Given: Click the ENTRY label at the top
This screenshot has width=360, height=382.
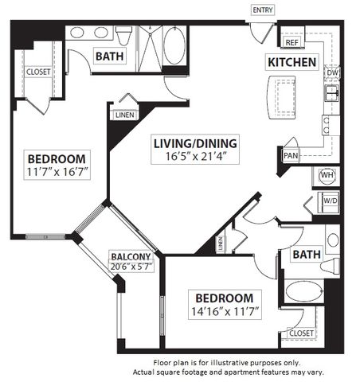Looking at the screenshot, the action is (x=263, y=10).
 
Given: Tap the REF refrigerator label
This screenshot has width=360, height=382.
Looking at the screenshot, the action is (x=292, y=42).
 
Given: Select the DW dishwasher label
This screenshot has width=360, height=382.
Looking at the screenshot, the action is (x=332, y=72).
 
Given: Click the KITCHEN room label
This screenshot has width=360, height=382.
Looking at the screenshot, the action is (x=292, y=62).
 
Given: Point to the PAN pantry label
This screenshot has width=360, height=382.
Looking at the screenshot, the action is (x=291, y=155).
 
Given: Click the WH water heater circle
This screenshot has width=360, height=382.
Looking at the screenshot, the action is (x=327, y=175).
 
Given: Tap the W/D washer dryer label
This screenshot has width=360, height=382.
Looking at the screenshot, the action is (x=331, y=201).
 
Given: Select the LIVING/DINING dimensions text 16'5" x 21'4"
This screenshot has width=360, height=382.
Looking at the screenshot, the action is (x=195, y=156).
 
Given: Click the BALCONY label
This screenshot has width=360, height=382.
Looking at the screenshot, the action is (x=131, y=256).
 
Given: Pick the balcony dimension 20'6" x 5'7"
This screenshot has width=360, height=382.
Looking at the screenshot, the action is (x=131, y=267).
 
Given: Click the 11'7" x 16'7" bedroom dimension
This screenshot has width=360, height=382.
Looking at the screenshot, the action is (x=57, y=172).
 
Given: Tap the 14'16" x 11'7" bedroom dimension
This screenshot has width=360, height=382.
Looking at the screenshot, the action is (x=225, y=311).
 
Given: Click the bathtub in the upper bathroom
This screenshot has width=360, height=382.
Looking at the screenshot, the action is (x=174, y=45).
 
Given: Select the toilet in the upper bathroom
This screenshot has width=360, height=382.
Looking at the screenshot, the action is (x=124, y=36).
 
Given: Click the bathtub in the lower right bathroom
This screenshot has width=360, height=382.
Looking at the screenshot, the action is (x=304, y=291).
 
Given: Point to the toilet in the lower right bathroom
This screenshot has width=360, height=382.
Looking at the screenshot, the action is (x=330, y=266).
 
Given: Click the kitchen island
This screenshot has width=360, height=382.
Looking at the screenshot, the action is (x=282, y=97).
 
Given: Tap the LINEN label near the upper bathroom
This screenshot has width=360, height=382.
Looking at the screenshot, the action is (x=125, y=115).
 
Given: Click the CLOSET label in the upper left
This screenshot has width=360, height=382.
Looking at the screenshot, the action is (x=38, y=72).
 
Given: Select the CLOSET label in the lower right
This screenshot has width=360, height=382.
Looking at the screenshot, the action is (x=301, y=333).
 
